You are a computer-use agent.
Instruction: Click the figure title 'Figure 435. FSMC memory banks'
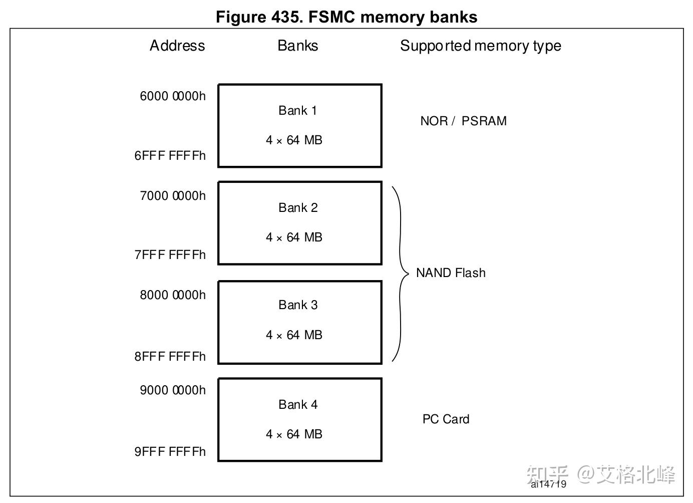click(x=346, y=17)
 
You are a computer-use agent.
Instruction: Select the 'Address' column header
click(x=177, y=46)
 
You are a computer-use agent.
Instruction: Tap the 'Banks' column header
click(x=297, y=46)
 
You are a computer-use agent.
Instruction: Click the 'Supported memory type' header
click(x=480, y=46)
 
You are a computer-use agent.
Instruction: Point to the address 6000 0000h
click(x=173, y=96)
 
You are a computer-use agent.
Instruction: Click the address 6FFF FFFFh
click(x=170, y=156)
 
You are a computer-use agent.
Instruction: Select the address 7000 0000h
click(x=173, y=196)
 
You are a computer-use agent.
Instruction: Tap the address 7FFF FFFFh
click(x=170, y=255)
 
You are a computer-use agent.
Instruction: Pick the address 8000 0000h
click(x=173, y=295)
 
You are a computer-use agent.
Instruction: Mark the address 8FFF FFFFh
click(x=170, y=357)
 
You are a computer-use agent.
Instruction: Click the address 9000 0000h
click(x=173, y=390)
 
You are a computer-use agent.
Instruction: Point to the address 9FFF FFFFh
click(x=170, y=452)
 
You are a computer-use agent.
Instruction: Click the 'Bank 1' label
click(x=297, y=111)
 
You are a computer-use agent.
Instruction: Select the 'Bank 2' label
click(x=298, y=208)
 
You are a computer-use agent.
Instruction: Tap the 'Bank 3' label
click(x=298, y=305)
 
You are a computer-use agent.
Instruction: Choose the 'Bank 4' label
click(x=298, y=405)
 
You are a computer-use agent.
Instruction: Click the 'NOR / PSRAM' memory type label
click(x=463, y=121)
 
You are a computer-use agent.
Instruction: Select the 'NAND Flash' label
click(x=451, y=273)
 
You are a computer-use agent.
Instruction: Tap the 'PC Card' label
click(x=446, y=419)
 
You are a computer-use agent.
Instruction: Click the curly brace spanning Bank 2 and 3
click(x=401, y=274)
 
